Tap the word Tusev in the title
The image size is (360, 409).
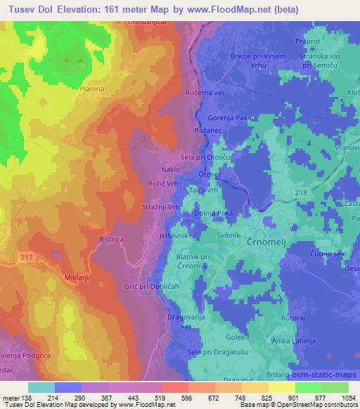click(x=20, y=10)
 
